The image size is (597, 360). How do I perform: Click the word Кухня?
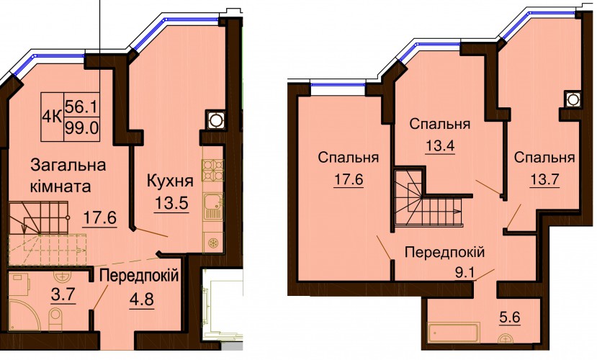tap(170, 181)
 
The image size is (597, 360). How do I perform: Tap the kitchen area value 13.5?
tap(171, 203)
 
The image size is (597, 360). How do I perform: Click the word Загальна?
tap(68, 166)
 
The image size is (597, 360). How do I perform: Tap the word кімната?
tap(60, 187)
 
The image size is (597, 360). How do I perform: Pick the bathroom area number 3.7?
tap(63, 294)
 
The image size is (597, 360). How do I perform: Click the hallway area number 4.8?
tap(142, 299)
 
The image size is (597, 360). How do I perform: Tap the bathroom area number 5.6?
tap(509, 317)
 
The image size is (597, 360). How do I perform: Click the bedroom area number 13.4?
tap(441, 145)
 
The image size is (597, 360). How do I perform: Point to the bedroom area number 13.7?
tap(544, 179)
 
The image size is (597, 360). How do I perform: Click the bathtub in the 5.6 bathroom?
tap(454, 333)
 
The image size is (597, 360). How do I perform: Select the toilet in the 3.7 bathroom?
tap(56, 315)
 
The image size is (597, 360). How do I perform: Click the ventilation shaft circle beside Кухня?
tap(215, 120)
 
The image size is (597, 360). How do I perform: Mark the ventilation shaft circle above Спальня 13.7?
tap(573, 99)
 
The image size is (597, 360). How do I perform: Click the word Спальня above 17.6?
tap(349, 157)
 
